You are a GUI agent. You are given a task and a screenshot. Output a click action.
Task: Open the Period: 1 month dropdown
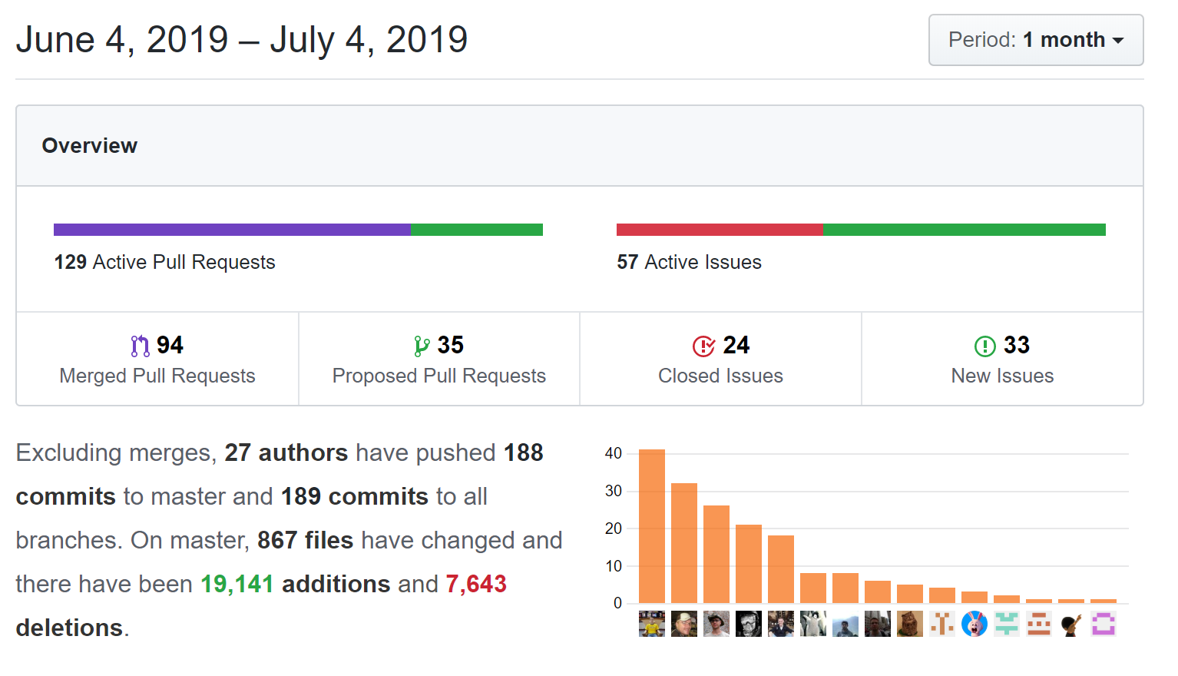(1035, 40)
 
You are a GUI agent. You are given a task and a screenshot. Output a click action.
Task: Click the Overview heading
(89, 145)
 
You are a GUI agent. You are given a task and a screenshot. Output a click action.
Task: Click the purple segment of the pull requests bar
(232, 230)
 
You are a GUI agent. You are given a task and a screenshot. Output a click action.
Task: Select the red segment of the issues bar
(719, 230)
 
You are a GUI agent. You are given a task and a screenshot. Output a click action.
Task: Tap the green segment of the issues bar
(964, 230)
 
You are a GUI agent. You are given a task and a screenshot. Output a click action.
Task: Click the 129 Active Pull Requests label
(164, 262)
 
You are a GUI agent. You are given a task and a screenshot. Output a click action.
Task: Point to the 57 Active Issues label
(689, 262)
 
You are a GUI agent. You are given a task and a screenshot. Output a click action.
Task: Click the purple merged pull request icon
(140, 346)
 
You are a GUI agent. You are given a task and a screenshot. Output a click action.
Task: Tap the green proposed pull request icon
(422, 346)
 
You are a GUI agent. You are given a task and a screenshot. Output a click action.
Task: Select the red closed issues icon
(703, 346)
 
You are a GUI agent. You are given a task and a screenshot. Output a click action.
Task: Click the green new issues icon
(984, 346)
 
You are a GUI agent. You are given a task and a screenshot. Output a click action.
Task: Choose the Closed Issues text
(720, 376)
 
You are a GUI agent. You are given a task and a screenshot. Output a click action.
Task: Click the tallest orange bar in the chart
(652, 526)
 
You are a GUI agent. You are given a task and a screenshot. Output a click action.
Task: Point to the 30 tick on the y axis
(613, 491)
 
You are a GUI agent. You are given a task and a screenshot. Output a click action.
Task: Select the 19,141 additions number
(237, 584)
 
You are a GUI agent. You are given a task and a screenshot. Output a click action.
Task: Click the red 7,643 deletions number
(475, 584)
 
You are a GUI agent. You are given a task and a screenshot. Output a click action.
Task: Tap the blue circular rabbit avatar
(974, 624)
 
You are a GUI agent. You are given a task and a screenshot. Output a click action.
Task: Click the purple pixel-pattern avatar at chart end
(1104, 624)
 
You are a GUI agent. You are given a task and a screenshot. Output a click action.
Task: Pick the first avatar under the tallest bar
(652, 624)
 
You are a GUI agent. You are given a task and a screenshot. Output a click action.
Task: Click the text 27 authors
(286, 452)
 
